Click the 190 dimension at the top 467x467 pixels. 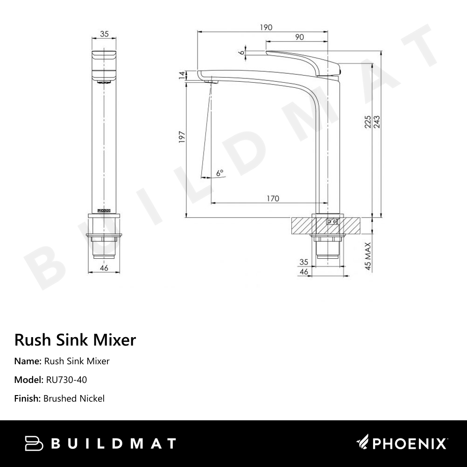click(x=266, y=28)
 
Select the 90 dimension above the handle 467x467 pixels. click(x=299, y=37)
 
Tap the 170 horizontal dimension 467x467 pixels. click(x=273, y=199)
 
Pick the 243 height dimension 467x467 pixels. click(x=377, y=122)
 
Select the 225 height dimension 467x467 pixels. click(x=368, y=122)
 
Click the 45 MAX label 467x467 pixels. click(x=368, y=256)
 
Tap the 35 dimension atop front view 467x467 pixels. click(x=104, y=34)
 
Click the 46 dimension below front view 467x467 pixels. click(x=104, y=268)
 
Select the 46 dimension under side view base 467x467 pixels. click(x=304, y=272)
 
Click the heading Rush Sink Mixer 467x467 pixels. click(x=75, y=340)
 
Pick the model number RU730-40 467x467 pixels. click(x=66, y=380)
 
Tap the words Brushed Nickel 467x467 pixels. click(x=74, y=398)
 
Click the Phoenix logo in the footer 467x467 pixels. click(x=402, y=443)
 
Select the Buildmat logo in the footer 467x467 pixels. click(x=100, y=443)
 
